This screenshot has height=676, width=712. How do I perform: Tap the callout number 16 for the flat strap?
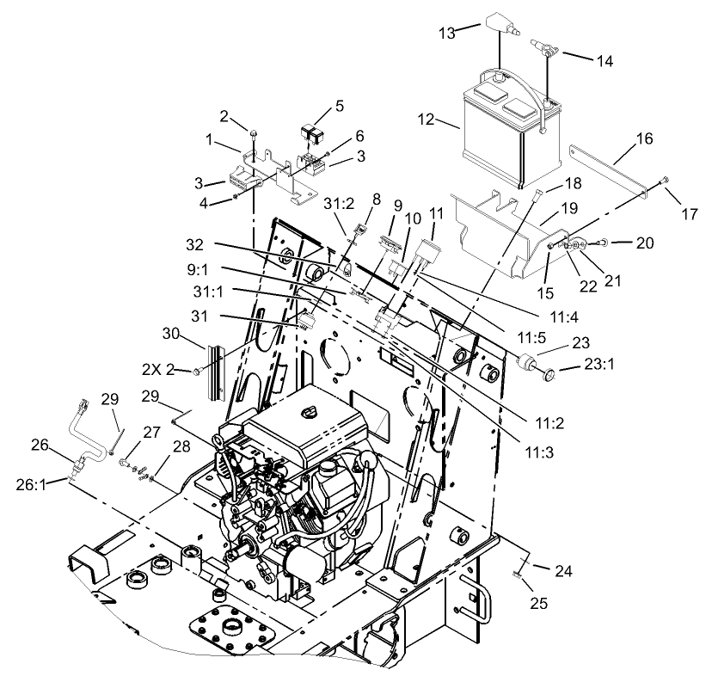pos(644,139)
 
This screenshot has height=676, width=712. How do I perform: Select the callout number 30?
pos(170,332)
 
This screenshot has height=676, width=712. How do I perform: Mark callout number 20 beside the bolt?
pos(645,243)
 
